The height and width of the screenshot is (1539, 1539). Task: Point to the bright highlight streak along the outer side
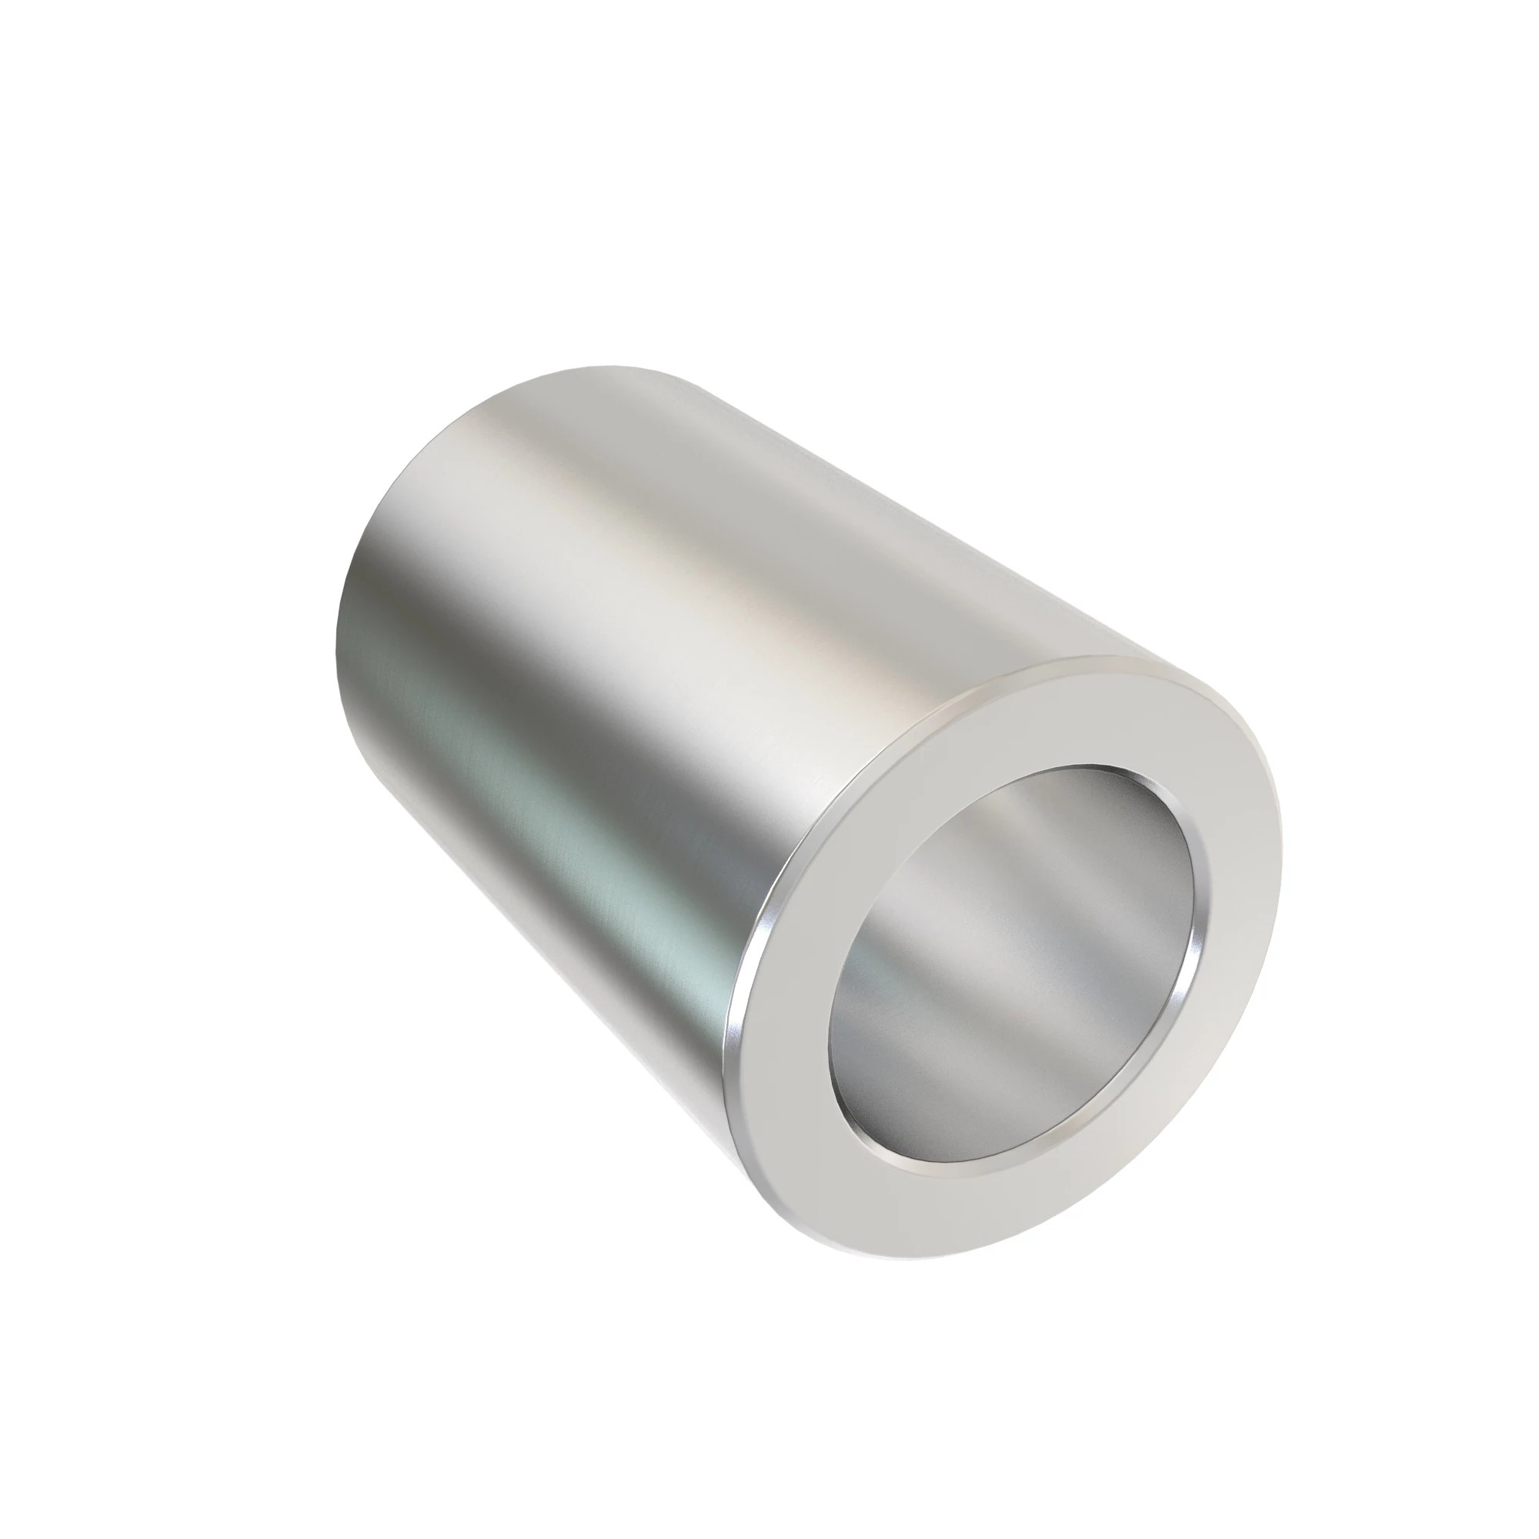tap(717, 637)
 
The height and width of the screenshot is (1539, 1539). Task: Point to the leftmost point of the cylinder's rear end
tap(338, 637)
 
